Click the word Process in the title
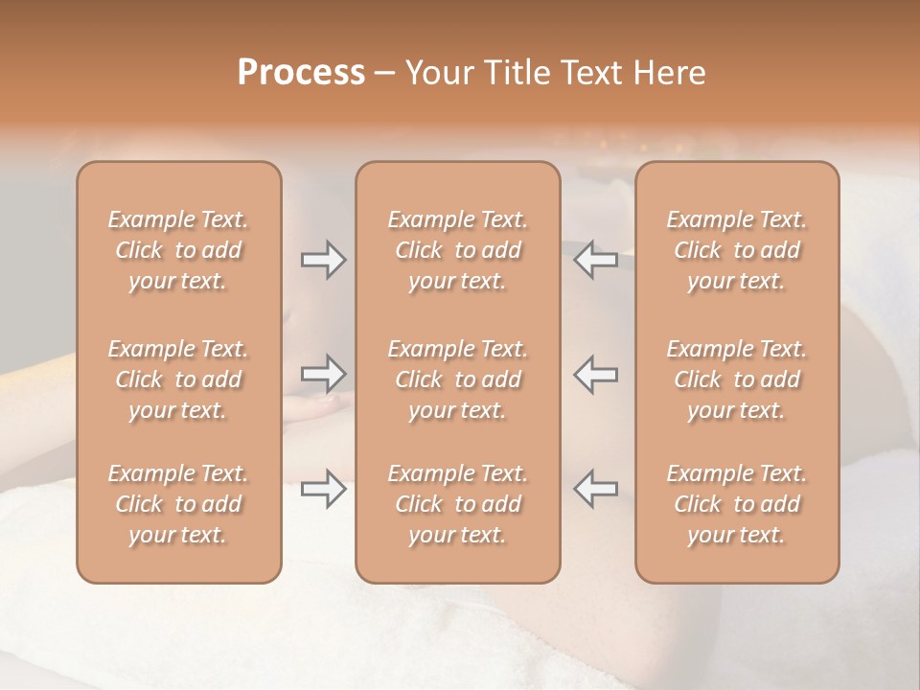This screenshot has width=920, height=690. point(301,72)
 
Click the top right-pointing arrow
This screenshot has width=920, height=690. point(323,260)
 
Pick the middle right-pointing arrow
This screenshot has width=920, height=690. point(323,374)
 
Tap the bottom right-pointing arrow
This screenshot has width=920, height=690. point(323,489)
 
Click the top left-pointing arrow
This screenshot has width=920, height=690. point(595,260)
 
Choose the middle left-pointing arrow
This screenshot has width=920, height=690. point(595,374)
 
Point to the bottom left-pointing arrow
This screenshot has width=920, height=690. point(595,489)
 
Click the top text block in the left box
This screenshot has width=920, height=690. point(178,250)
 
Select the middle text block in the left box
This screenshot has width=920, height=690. point(178,379)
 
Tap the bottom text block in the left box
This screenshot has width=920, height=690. point(178,504)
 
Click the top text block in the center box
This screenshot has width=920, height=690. point(457,250)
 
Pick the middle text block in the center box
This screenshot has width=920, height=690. point(457,379)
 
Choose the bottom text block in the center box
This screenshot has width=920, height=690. point(457,504)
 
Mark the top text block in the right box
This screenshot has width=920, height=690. point(737,250)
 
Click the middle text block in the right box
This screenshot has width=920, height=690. point(737,379)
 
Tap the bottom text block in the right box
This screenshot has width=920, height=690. point(737,504)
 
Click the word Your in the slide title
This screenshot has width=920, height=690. point(437,72)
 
